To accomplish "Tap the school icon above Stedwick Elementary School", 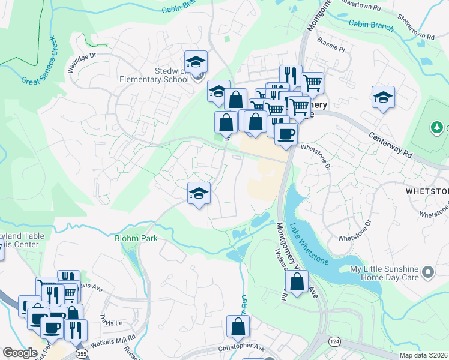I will pyautogui.click(x=196, y=62).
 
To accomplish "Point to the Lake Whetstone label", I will pyautogui.click(x=309, y=244).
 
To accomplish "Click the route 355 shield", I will pyautogui.click(x=81, y=355).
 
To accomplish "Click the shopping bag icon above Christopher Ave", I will pyautogui.click(x=238, y=328).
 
